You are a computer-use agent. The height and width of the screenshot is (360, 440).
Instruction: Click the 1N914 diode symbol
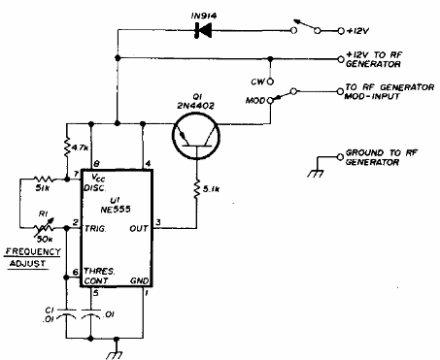click(204, 30)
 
